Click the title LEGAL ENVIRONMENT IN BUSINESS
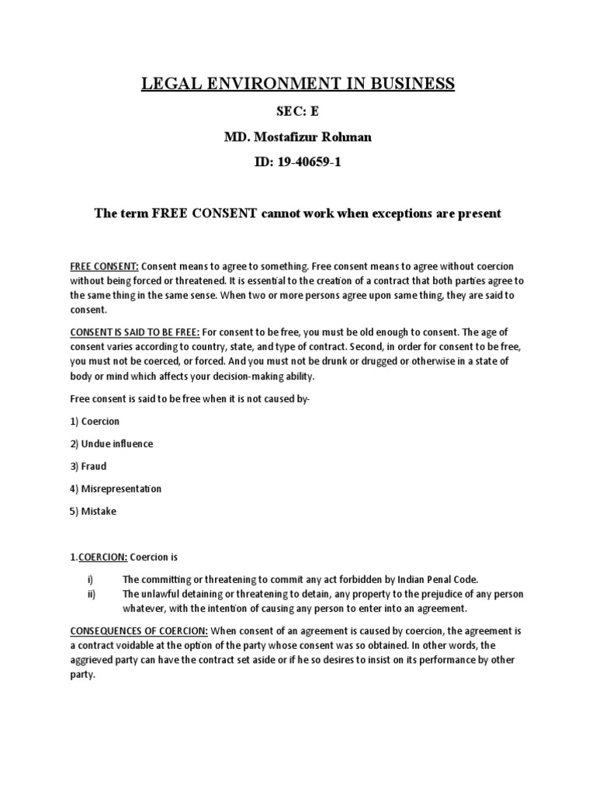point(298,84)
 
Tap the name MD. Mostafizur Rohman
point(298,137)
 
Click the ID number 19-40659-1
point(298,163)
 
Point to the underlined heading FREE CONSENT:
point(105,266)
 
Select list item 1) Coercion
point(95,422)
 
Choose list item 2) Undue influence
point(111,444)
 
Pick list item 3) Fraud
point(88,467)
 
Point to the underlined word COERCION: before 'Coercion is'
point(102,557)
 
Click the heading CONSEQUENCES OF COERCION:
point(139,630)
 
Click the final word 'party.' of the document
point(82,675)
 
